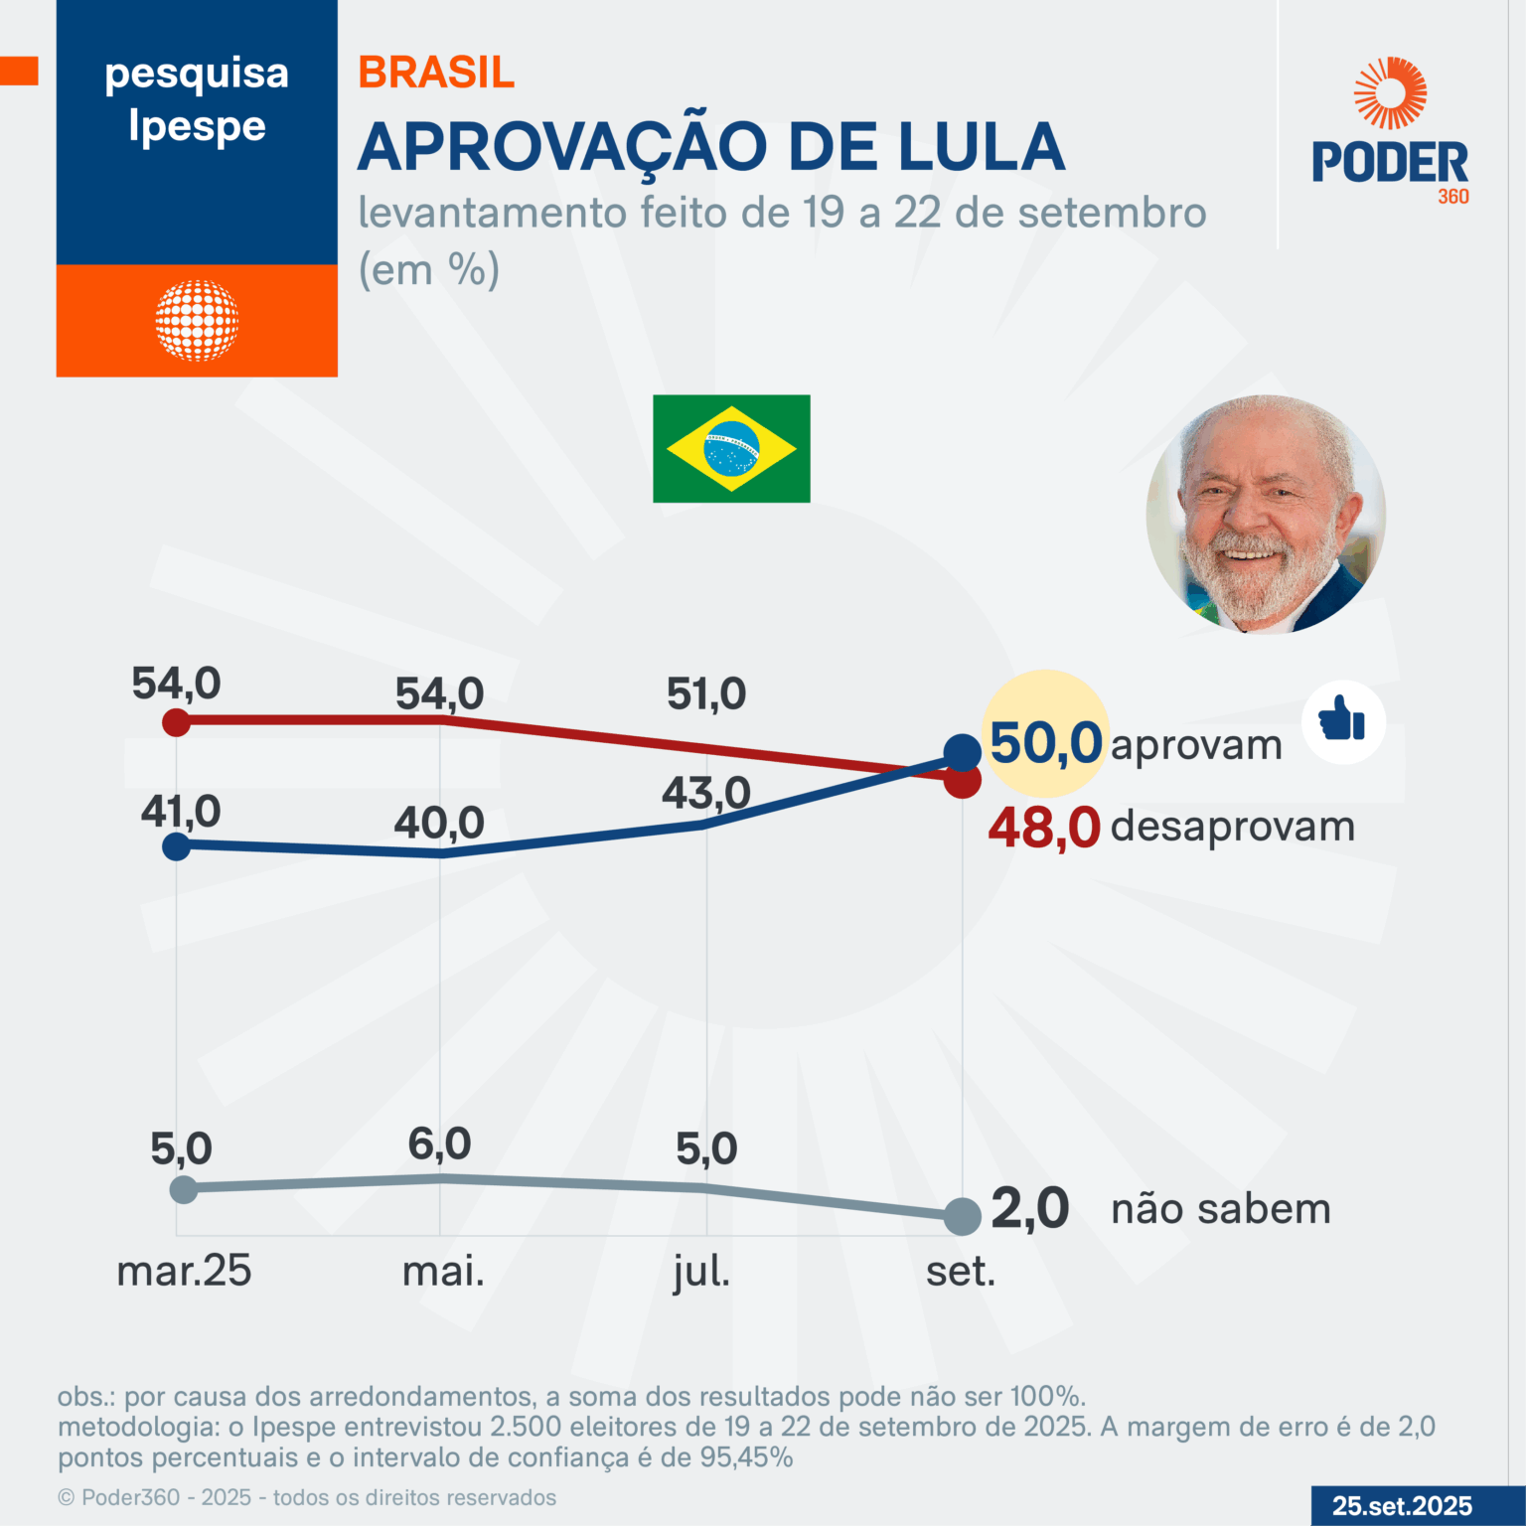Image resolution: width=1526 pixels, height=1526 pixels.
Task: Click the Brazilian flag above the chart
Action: [x=731, y=448]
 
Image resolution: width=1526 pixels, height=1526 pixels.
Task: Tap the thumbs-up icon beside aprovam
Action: [x=1342, y=721]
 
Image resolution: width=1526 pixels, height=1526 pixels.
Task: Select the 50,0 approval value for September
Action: [x=1046, y=743]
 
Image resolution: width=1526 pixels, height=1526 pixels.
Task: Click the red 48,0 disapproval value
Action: [x=1044, y=828]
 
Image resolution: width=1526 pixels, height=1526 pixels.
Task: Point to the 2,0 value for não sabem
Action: [x=1030, y=1209]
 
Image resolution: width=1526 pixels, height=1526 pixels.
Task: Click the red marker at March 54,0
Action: [x=176, y=721]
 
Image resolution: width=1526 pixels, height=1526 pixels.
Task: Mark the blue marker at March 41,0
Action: [x=176, y=846]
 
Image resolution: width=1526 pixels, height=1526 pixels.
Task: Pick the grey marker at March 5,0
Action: [x=184, y=1188]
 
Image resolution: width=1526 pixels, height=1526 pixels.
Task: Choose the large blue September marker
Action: [x=962, y=753]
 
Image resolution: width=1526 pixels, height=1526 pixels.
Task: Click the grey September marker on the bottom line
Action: [x=962, y=1215]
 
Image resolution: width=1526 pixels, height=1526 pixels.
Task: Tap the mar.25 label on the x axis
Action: [x=184, y=1272]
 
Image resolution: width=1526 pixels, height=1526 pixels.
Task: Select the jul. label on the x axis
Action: [x=701, y=1272]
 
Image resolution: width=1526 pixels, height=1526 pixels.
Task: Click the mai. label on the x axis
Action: [x=443, y=1272]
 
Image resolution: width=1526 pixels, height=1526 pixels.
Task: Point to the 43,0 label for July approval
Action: [x=706, y=794]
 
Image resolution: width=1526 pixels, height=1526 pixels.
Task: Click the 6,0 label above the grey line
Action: [x=439, y=1144]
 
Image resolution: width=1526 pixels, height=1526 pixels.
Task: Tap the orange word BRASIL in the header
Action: [x=436, y=73]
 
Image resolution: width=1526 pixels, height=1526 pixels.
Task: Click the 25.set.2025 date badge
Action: [x=1402, y=1506]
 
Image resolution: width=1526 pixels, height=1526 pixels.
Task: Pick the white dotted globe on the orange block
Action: [x=197, y=320]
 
